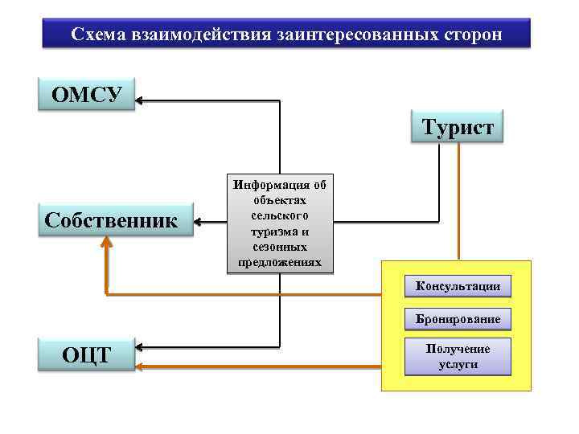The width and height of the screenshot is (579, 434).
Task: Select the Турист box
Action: coord(457,125)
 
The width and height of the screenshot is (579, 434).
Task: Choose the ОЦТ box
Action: coord(87,354)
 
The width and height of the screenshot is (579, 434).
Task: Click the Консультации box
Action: coord(458,286)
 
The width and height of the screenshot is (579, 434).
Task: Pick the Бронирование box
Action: coord(458,319)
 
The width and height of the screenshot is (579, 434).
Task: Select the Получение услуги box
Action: coord(458,356)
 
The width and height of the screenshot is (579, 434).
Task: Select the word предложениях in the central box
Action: coord(279,263)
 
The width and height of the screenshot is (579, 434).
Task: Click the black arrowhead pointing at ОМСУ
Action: coord(138,100)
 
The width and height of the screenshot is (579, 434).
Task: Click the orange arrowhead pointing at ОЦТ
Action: coord(139,366)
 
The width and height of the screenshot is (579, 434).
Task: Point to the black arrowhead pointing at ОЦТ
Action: coord(139,349)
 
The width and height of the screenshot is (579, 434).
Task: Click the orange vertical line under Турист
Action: coord(458,201)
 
